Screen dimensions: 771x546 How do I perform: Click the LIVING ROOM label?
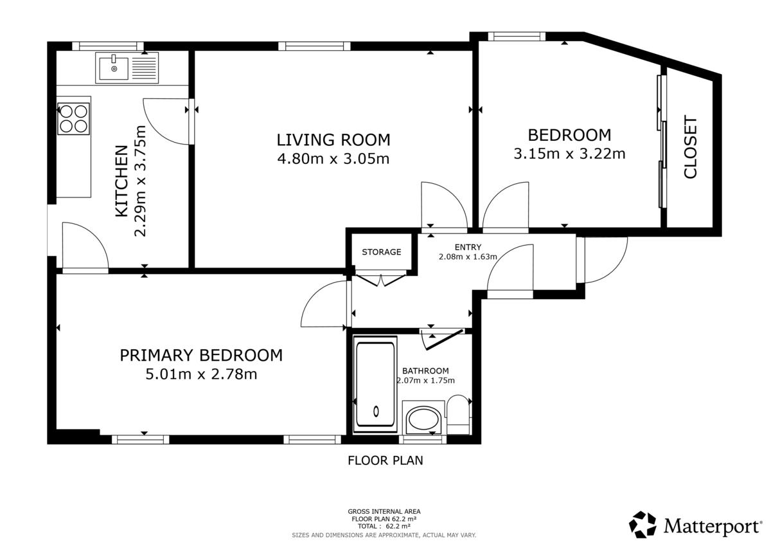(333, 140)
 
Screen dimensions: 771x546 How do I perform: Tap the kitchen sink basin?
(114, 68)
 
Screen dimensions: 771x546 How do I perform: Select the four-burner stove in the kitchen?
(73, 119)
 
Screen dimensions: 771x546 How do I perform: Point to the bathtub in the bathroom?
(375, 384)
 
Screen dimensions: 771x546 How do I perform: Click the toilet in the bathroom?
(459, 414)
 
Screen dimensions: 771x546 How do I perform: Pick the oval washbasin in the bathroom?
(423, 421)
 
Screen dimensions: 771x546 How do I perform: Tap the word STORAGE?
(382, 252)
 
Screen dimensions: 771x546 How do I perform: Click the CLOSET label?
(690, 147)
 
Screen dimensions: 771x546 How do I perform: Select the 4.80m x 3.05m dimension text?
(333, 159)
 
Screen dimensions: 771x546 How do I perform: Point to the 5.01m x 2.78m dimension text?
(201, 374)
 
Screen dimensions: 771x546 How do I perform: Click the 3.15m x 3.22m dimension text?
(569, 153)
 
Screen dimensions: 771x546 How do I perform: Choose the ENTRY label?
(468, 247)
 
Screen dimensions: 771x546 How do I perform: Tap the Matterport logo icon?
(642, 524)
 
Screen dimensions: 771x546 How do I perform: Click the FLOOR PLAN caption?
(385, 460)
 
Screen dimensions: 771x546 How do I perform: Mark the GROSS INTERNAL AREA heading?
(384, 511)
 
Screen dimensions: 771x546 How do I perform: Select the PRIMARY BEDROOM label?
(201, 355)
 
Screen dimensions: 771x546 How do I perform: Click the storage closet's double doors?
(380, 280)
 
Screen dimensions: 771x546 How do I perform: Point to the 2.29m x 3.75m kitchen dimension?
(141, 181)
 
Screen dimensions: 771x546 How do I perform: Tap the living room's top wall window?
(314, 46)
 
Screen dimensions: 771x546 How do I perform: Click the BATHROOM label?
(425, 370)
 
